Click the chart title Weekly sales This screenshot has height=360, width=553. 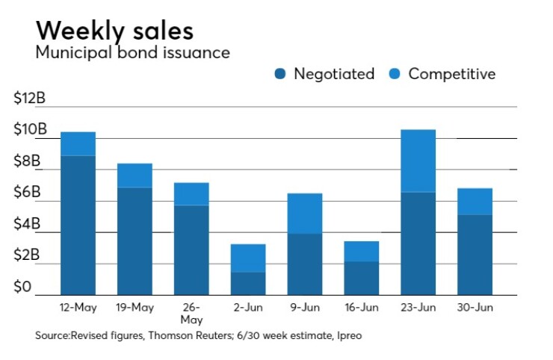tap(114, 31)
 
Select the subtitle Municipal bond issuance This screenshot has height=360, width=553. tap(132, 53)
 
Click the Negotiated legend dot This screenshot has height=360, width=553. tap(280, 74)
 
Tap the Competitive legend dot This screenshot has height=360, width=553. tap(395, 74)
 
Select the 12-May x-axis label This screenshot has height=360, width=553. tap(78, 307)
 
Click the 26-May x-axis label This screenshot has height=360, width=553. tap(191, 312)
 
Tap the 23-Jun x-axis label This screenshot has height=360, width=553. tap(418, 307)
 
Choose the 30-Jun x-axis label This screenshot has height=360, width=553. tap(475, 307)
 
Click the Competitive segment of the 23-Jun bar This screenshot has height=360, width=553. tap(418, 161)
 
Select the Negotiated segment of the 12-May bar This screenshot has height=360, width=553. tap(78, 225)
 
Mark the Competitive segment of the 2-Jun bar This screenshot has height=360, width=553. tap(248, 258)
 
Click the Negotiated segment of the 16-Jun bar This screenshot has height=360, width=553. tap(361, 278)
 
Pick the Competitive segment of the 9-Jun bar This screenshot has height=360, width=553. tap(304, 214)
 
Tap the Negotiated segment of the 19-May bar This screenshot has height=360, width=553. tap(135, 240)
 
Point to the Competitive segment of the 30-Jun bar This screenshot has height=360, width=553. tap(475, 202)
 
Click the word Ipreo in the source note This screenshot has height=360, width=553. tap(347, 337)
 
